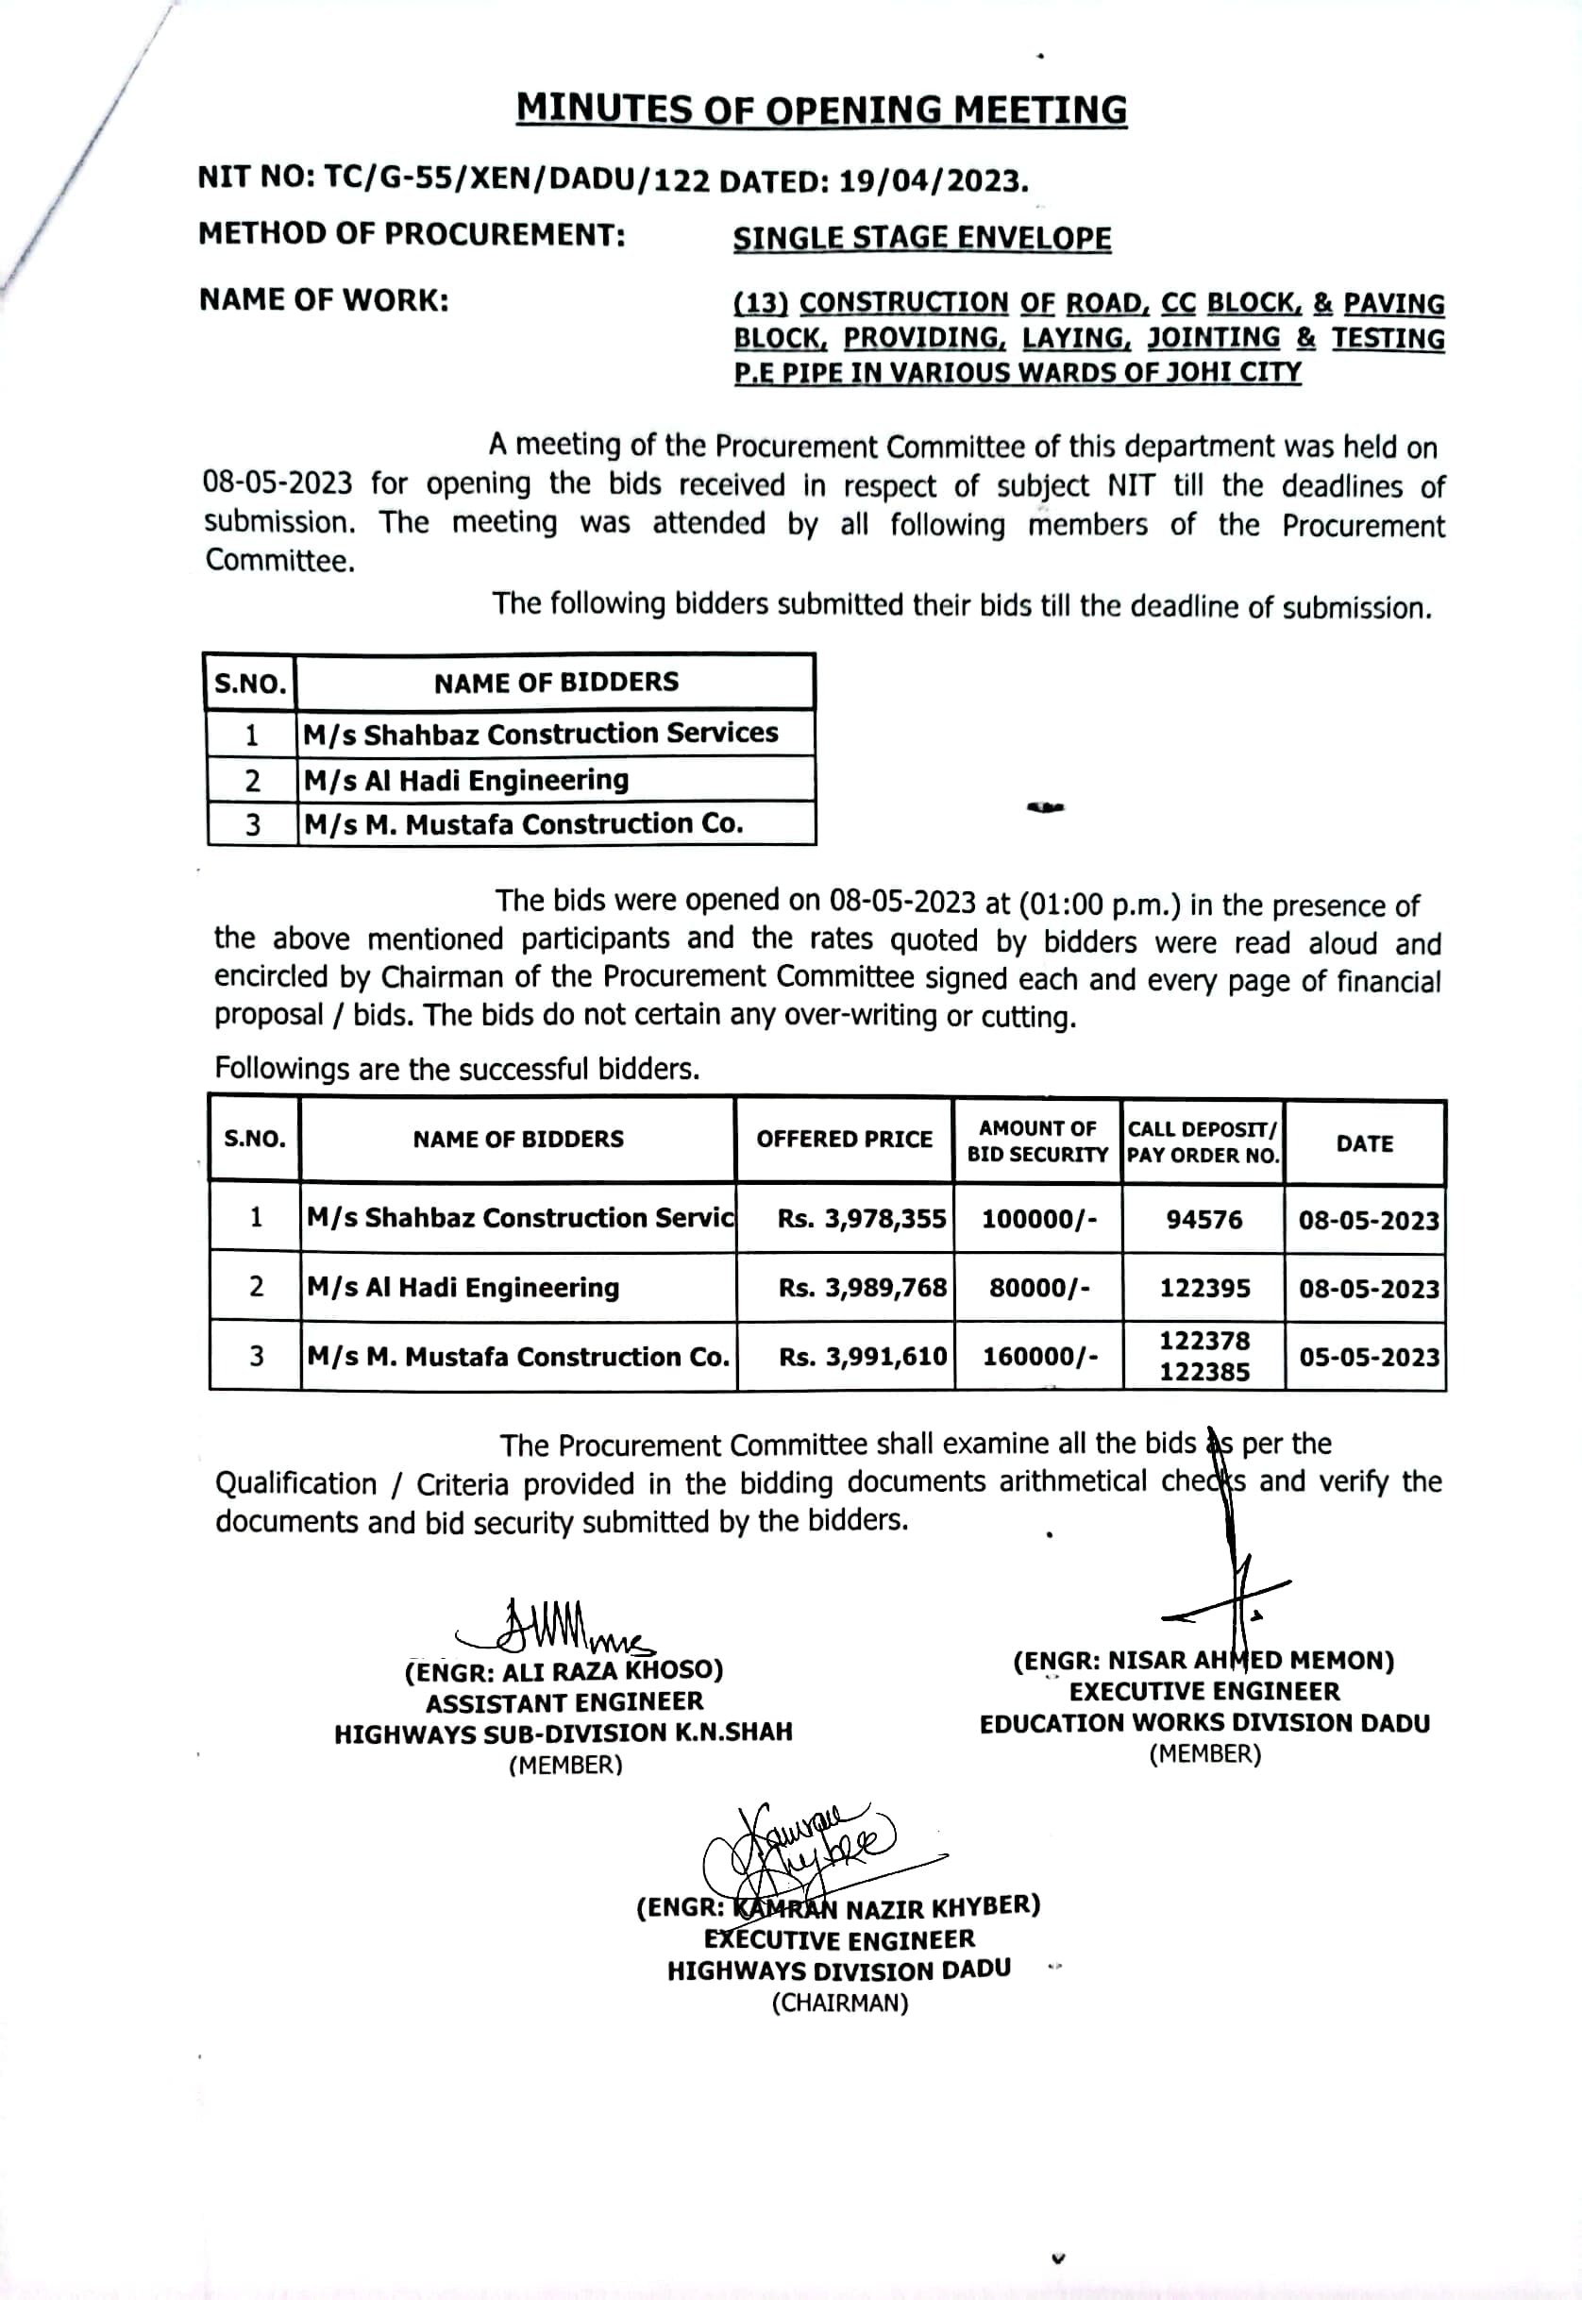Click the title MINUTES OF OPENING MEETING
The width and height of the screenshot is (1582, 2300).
tap(821, 110)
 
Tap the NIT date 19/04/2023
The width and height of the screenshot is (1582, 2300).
tap(932, 181)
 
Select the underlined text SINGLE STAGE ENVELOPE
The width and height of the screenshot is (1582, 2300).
tap(922, 238)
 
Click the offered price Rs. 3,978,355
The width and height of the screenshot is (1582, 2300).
tap(862, 1218)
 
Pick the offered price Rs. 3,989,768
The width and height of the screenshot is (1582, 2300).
tap(863, 1288)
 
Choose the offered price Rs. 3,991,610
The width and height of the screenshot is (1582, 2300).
tap(863, 1356)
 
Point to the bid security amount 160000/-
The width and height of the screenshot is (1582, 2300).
tap(1039, 1356)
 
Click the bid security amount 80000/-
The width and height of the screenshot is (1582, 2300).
tap(1039, 1288)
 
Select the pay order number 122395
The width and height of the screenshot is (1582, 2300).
tap(1204, 1288)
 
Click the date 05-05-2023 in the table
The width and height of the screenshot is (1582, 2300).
tap(1368, 1356)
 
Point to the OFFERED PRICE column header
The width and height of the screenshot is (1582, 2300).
tap(844, 1139)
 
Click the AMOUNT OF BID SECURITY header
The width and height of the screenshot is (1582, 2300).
tap(1036, 1142)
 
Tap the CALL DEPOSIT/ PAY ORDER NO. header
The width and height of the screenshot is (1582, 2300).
tap(1203, 1142)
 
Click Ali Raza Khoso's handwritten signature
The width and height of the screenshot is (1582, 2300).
tap(555, 1626)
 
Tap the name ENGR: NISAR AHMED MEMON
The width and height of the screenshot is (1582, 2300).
tap(1203, 1662)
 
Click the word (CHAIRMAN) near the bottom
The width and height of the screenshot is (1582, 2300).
tap(839, 2003)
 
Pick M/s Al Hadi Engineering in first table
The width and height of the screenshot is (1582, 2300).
tap(466, 780)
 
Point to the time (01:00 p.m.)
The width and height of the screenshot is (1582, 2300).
tap(1099, 904)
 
